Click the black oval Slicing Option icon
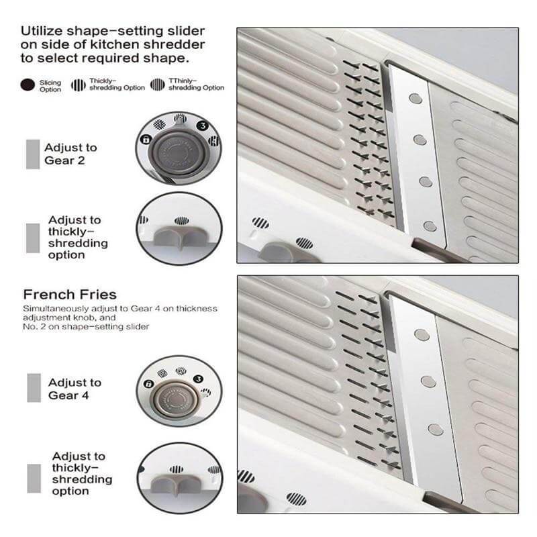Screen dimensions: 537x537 (x=28, y=85)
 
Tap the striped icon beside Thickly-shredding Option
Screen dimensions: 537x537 (x=79, y=85)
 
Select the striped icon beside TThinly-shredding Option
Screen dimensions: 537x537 (x=158, y=85)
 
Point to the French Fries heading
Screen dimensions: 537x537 (x=70, y=295)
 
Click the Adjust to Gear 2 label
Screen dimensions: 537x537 (x=70, y=154)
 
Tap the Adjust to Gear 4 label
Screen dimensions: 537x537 (x=75, y=389)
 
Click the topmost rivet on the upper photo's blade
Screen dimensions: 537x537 (x=416, y=98)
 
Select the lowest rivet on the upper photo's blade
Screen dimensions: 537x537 (x=430, y=226)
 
